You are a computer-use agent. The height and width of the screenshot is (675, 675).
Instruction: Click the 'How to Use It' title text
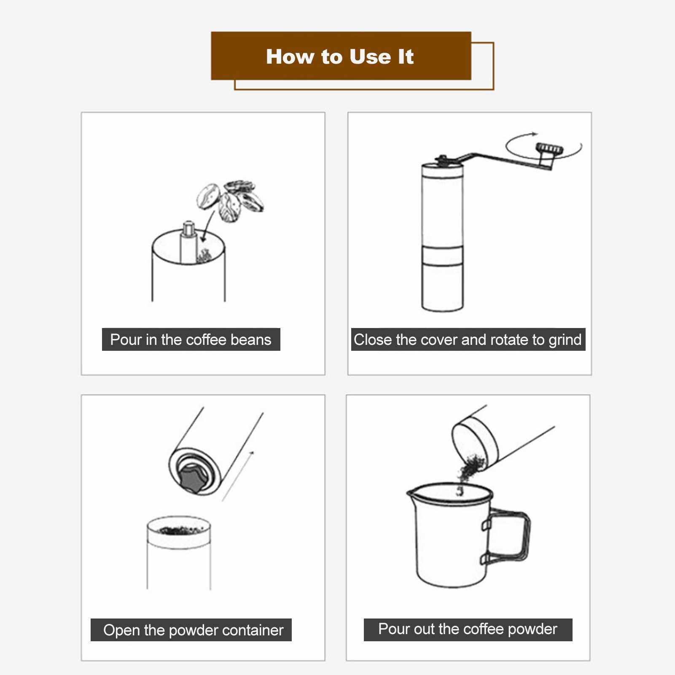click(x=340, y=56)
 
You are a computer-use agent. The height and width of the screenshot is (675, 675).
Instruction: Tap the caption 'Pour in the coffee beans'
click(x=191, y=339)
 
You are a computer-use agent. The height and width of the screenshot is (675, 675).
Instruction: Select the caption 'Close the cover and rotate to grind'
click(x=468, y=339)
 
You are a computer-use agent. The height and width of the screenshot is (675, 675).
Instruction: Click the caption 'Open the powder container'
click(x=193, y=630)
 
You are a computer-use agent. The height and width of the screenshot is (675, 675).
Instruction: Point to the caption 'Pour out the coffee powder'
click(x=468, y=629)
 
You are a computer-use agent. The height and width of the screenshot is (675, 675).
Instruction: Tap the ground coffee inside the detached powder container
click(x=179, y=529)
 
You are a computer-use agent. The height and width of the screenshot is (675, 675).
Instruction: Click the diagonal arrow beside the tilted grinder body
click(x=238, y=476)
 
